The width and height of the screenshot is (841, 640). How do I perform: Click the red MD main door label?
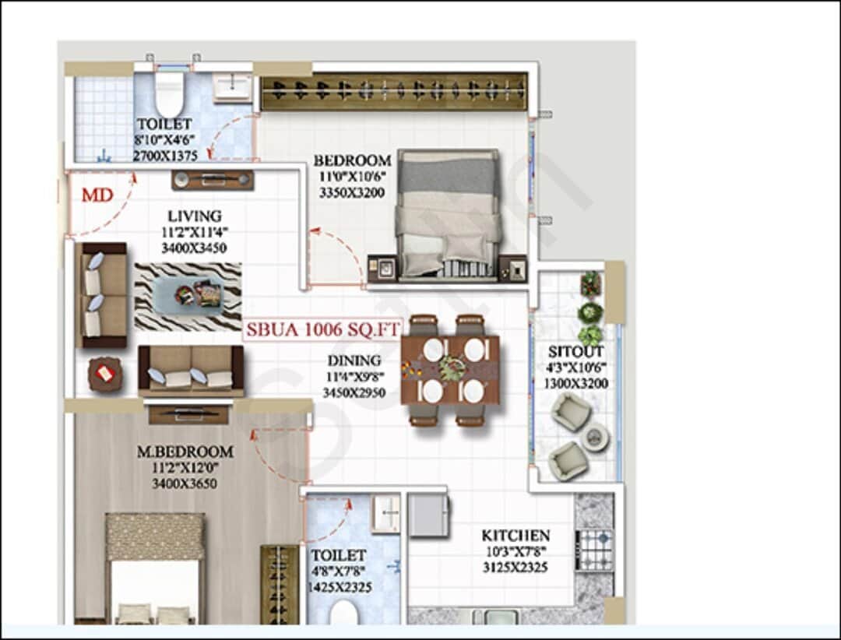pyautogui.click(x=97, y=195)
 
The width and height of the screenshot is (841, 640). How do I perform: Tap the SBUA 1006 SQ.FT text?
pyautogui.click(x=322, y=329)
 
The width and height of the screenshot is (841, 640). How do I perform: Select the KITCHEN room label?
pyautogui.click(x=515, y=536)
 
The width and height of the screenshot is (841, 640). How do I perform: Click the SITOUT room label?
pyautogui.click(x=576, y=352)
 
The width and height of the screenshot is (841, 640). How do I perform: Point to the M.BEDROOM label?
pyautogui.click(x=185, y=452)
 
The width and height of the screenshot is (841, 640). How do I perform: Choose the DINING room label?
pyautogui.click(x=354, y=360)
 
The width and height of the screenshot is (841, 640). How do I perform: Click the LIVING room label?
pyautogui.click(x=194, y=216)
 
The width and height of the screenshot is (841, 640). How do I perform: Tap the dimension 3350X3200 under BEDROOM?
pyautogui.click(x=352, y=192)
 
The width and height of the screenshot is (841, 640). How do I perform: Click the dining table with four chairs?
pyautogui.click(x=450, y=370)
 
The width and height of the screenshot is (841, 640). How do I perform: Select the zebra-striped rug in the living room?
pyautogui.click(x=188, y=296)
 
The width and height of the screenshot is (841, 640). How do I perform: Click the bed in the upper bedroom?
pyautogui.click(x=449, y=214)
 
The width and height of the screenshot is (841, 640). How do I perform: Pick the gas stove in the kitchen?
pyautogui.click(x=595, y=550)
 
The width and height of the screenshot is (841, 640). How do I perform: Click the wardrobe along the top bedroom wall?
pyautogui.click(x=394, y=92)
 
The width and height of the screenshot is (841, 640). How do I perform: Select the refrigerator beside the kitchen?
pyautogui.click(x=428, y=514)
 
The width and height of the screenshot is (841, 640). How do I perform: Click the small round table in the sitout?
pyautogui.click(x=593, y=438)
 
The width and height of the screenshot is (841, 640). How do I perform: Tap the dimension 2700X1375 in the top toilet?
pyautogui.click(x=164, y=156)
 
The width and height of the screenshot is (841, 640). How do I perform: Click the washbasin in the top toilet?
pyautogui.click(x=232, y=87)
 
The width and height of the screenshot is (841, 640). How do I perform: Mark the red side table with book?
pyautogui.click(x=104, y=373)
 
